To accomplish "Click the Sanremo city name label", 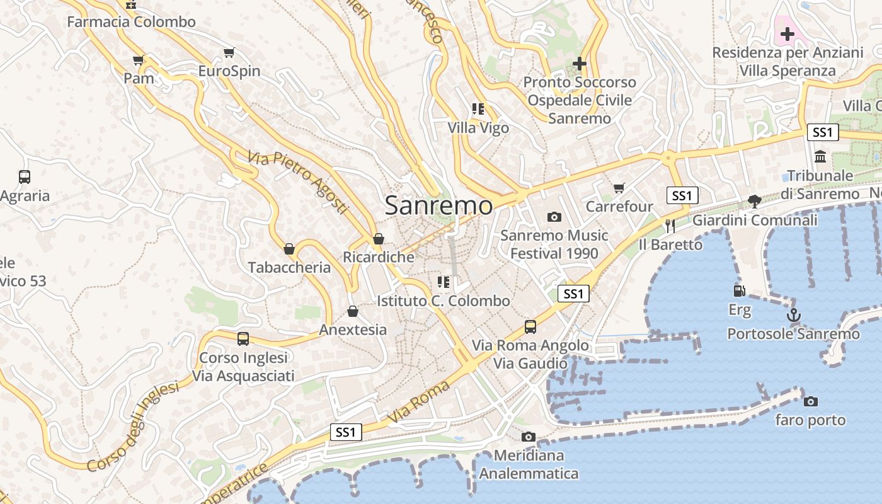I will click(438, 205).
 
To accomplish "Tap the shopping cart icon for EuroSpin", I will click(229, 53).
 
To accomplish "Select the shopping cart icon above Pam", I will click(139, 60).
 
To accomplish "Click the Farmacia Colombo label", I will click(131, 22).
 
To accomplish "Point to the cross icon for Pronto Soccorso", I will click(580, 64).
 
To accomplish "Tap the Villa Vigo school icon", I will click(478, 109).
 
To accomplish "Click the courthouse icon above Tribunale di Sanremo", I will click(820, 156).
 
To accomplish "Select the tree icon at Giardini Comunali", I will click(754, 202).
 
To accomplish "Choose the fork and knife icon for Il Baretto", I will click(670, 226).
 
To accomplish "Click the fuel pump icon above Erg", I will click(740, 291).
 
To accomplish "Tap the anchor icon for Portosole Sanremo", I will click(794, 315).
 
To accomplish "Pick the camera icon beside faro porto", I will click(811, 401).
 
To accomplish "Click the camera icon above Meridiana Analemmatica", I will click(529, 437).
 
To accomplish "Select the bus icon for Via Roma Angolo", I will click(530, 326).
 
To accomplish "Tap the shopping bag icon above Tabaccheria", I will click(289, 249).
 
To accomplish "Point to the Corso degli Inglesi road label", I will click(133, 427).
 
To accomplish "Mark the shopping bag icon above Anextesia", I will click(353, 311).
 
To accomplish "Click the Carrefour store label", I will click(619, 207).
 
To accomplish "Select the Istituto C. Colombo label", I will click(444, 301).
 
